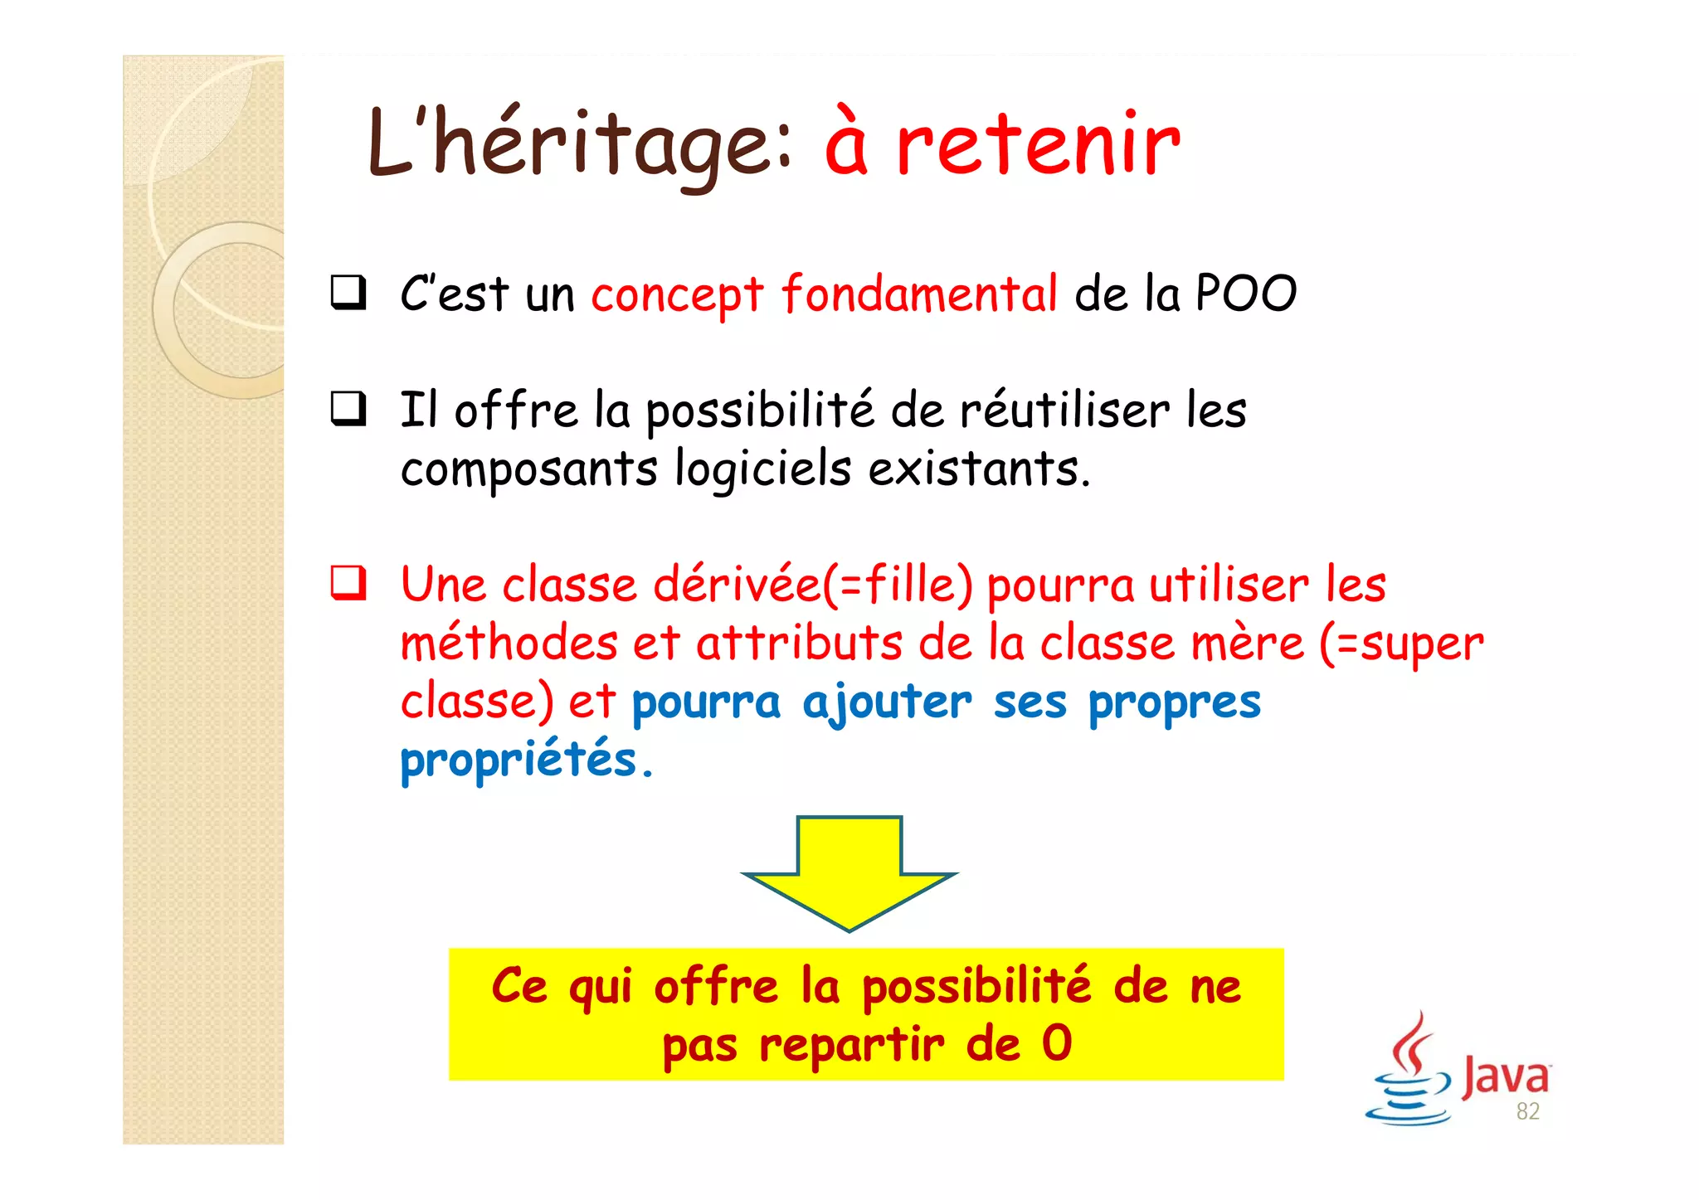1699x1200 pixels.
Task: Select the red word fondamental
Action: (x=919, y=294)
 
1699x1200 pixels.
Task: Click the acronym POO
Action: (x=1245, y=294)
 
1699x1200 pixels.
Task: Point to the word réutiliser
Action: (x=1064, y=411)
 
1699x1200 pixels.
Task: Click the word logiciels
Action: (x=762, y=469)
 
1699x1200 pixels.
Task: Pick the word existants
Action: (x=979, y=469)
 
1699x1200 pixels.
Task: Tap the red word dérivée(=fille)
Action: (x=812, y=585)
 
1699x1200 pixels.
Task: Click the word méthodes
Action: (x=509, y=644)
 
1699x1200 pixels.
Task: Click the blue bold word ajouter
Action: (x=887, y=702)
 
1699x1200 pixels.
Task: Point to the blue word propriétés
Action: (x=518, y=760)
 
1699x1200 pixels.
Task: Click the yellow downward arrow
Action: (x=849, y=870)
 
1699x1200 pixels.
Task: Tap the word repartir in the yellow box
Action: (x=851, y=1044)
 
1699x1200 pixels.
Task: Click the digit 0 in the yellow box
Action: (x=1057, y=1043)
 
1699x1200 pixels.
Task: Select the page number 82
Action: (x=1527, y=1111)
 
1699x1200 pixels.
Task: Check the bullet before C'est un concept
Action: (x=348, y=293)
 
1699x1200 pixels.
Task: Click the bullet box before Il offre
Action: (x=348, y=409)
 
